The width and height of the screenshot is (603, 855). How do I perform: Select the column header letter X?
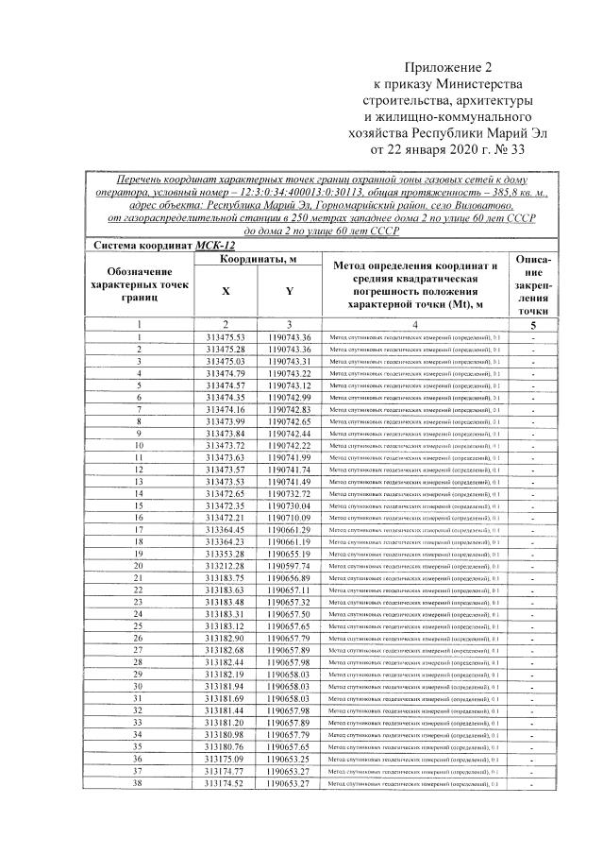point(226,292)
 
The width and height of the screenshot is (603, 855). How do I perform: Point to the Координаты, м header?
point(258,259)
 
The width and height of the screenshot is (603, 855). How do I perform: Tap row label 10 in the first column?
point(139,445)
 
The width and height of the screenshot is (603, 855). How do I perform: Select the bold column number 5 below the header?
point(533,324)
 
